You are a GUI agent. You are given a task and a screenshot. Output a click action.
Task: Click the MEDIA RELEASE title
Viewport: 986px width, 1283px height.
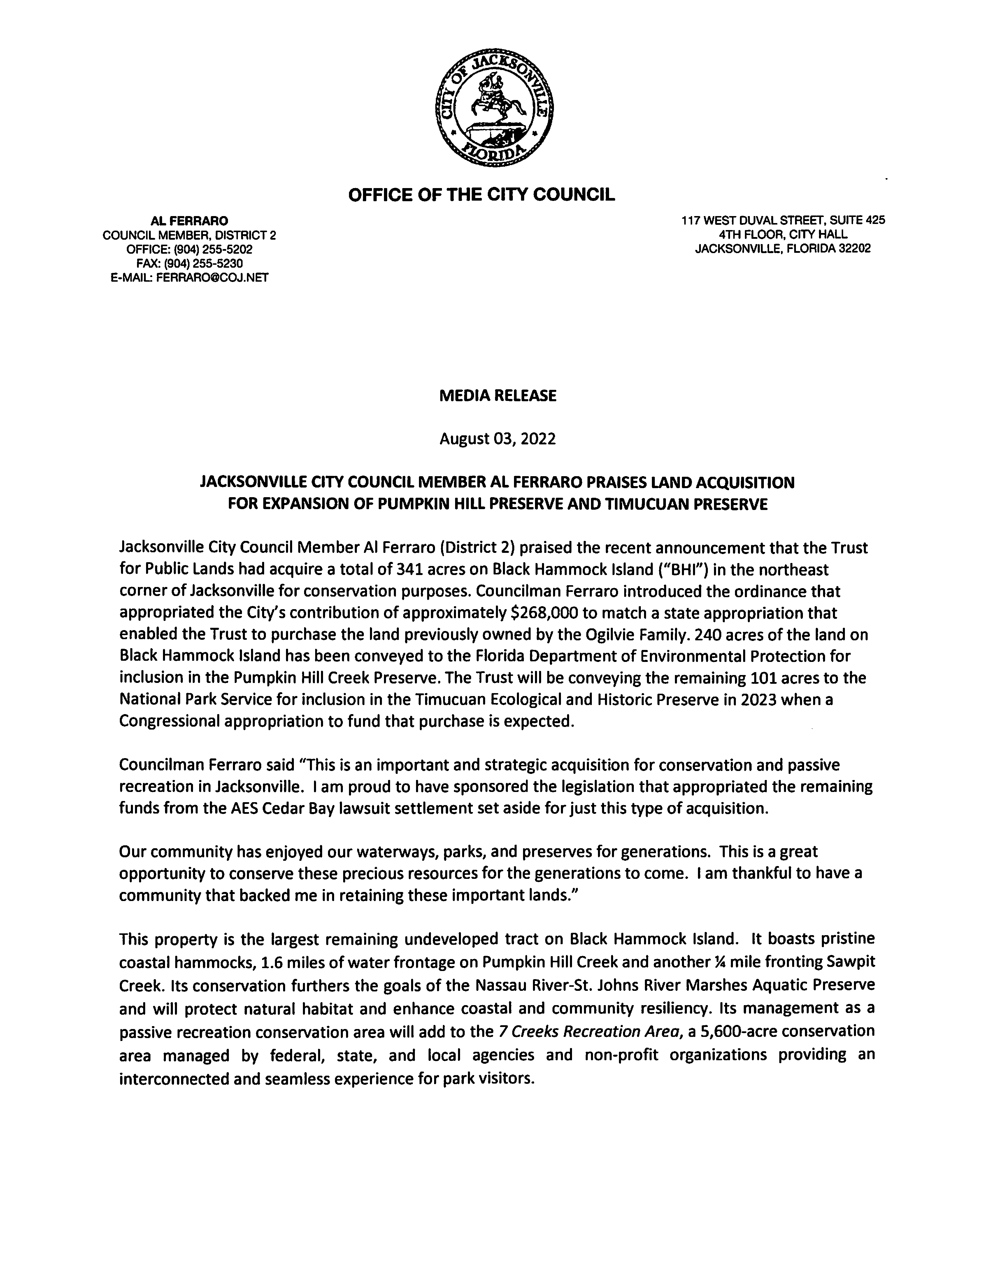pos(498,396)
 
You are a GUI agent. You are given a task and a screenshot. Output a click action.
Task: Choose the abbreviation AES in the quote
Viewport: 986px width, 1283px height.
pos(246,808)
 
